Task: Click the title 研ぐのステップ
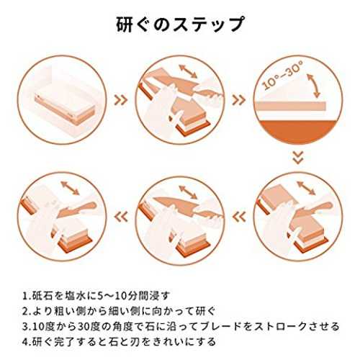click(181, 24)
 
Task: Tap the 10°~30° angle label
click(282, 75)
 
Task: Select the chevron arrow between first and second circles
click(120, 100)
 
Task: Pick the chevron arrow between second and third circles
click(239, 100)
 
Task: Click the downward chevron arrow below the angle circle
click(298, 158)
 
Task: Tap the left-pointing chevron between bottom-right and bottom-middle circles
click(239, 217)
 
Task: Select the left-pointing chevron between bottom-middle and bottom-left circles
click(121, 217)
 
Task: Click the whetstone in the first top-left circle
click(64, 108)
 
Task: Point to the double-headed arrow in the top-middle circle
click(188, 71)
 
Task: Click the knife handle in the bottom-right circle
click(321, 207)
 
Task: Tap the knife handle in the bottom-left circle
click(84, 207)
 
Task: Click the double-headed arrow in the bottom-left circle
click(70, 188)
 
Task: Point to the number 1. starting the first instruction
click(27, 296)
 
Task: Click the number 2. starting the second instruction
click(27, 311)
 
